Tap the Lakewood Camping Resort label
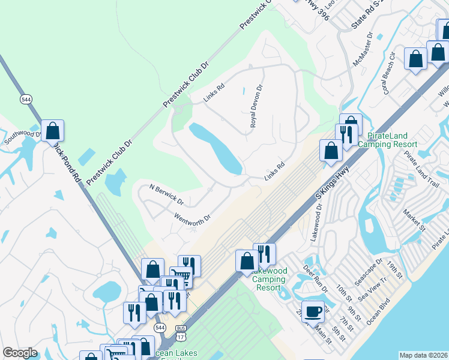pos(270,280)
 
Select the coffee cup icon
pos(312,311)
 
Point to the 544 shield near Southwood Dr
pos(26,99)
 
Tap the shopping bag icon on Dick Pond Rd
pos(52,130)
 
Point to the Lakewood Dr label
pos(318,221)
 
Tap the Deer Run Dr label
pos(316,279)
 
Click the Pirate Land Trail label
pos(421,163)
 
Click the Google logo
pos(20,353)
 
